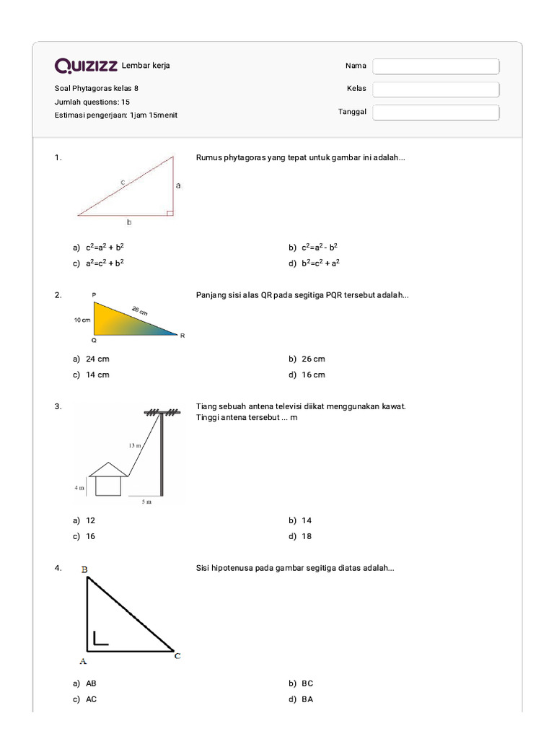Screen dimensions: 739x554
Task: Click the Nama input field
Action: [x=436, y=66]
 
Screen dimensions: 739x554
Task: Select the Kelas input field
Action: [x=436, y=89]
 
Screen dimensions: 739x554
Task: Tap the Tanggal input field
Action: [x=436, y=113]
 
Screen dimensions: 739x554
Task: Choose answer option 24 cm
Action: [x=97, y=359]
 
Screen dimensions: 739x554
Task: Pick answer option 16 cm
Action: [x=314, y=375]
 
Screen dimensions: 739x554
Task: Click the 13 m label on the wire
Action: [x=135, y=445]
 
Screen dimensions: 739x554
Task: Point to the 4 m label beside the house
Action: [x=79, y=489]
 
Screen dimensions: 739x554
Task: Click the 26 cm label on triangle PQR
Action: [x=139, y=311]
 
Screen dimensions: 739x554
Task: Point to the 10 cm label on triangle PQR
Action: [x=81, y=320]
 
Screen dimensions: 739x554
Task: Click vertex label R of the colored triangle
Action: [x=183, y=336]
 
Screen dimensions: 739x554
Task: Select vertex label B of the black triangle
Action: [x=84, y=569]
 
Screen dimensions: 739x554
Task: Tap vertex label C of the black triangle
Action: [x=177, y=655]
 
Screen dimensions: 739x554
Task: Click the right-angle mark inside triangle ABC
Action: [x=100, y=637]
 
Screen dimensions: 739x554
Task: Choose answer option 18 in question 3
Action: [x=307, y=537]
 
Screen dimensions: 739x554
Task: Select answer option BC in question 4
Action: [x=307, y=683]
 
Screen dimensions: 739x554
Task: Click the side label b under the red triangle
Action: [x=129, y=223]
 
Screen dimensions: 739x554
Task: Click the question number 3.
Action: [x=58, y=407]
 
